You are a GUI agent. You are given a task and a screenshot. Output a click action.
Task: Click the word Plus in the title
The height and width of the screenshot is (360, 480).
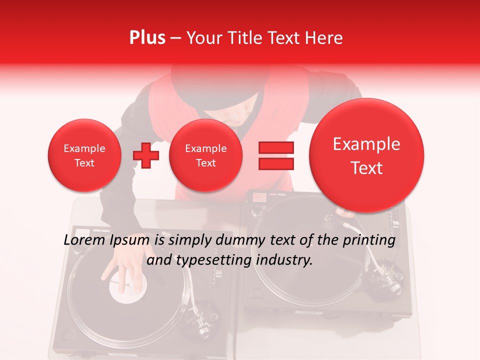point(147,38)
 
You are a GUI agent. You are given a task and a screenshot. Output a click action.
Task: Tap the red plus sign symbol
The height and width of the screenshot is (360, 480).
point(146,155)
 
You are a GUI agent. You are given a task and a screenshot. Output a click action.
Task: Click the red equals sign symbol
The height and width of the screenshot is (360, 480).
point(276,155)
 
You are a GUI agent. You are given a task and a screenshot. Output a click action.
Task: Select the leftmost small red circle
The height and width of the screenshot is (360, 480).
point(84,155)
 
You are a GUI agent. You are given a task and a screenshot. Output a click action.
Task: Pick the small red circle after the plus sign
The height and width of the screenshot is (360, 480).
point(205,155)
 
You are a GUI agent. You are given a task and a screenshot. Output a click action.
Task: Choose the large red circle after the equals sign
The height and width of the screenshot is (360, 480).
point(366,155)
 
